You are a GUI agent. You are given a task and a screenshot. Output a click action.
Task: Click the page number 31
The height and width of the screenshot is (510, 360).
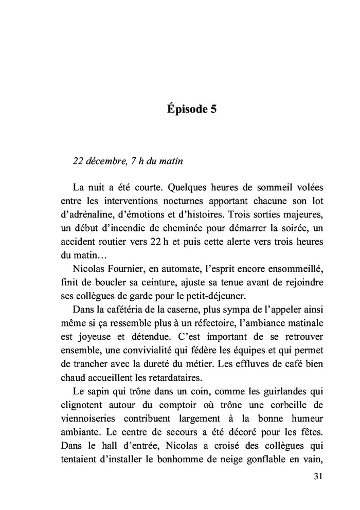[x=317, y=477]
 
